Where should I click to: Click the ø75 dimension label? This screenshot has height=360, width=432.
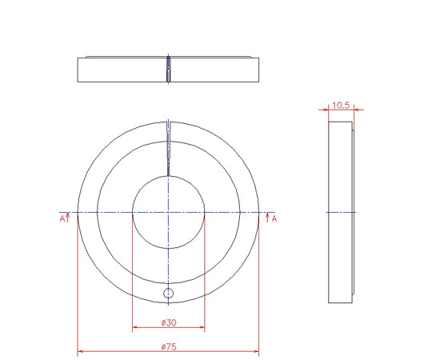coord(169,346)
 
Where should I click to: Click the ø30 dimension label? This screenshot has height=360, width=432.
coord(169,322)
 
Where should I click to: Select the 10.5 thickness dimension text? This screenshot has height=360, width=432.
coord(341,106)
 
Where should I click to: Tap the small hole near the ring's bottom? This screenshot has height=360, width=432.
coord(168,294)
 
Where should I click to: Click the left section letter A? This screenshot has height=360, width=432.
coord(62,219)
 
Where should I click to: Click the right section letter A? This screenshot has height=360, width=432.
coord(274,219)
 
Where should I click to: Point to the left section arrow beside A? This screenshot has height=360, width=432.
coord(68,218)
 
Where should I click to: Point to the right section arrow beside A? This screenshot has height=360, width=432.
coord(267,218)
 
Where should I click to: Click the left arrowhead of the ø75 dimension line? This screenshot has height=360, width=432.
coord(80,351)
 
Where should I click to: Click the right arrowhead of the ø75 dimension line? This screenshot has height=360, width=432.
coord(256,351)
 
